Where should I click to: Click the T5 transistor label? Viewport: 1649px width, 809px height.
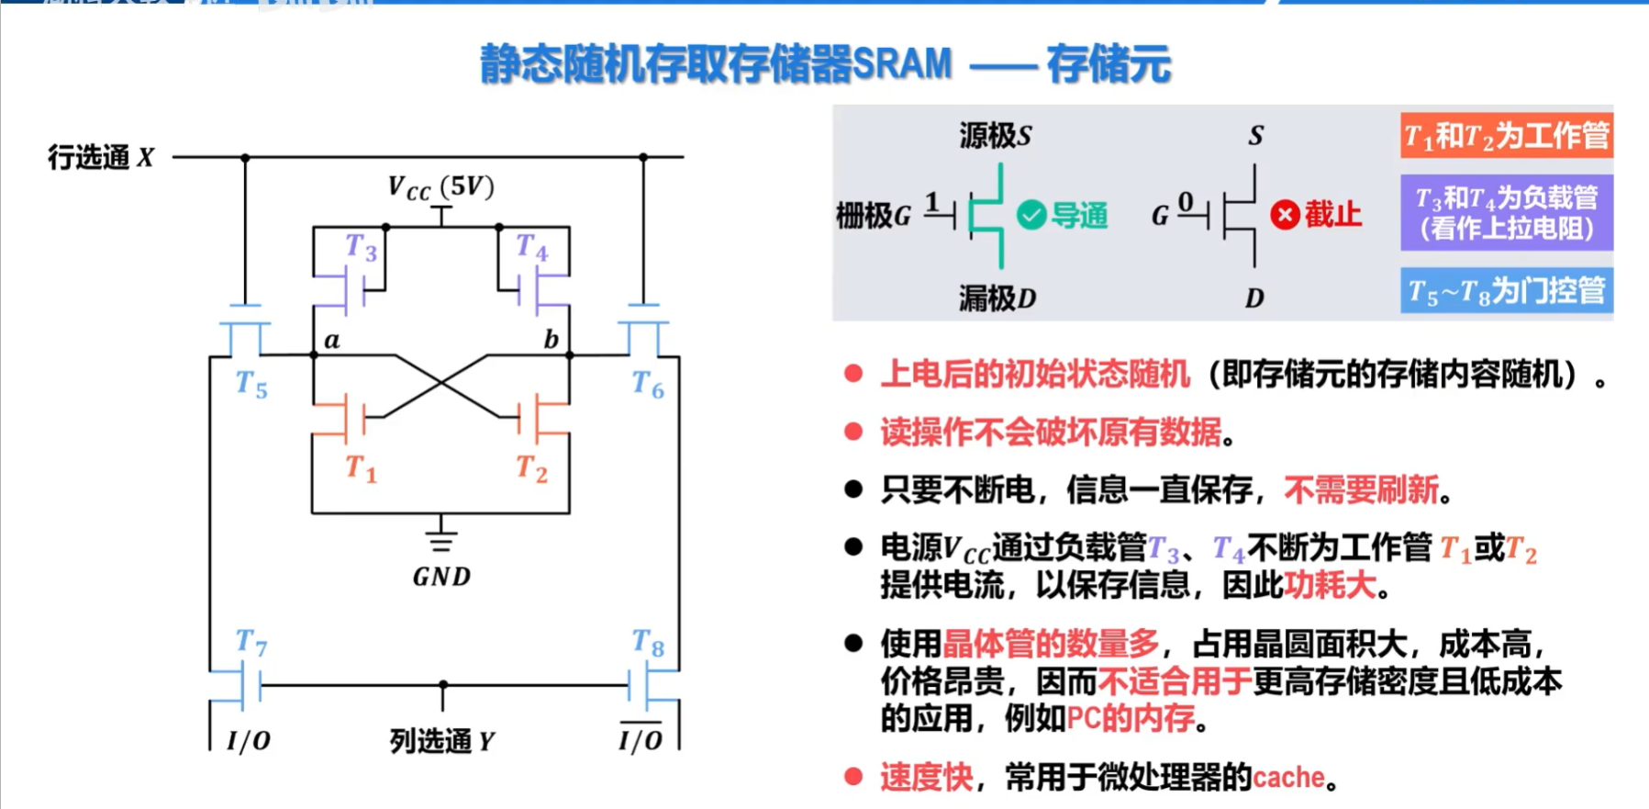pyautogui.click(x=251, y=384)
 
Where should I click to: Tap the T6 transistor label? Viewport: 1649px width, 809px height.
pyautogui.click(x=648, y=384)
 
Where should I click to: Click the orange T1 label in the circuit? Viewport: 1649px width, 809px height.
pyautogui.click(x=361, y=468)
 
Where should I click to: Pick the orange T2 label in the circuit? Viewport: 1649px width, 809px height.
pyautogui.click(x=531, y=468)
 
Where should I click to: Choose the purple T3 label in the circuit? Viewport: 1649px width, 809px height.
pyautogui.click(x=361, y=247)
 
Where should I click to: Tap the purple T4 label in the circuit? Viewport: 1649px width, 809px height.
pyautogui.click(x=531, y=247)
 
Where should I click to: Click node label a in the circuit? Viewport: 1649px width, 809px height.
pyautogui.click(x=332, y=341)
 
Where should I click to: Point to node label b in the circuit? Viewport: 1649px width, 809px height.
pyautogui.click(x=551, y=340)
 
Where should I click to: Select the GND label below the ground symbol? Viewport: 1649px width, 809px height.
pyautogui.click(x=441, y=577)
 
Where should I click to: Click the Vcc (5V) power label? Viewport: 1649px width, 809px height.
pyautogui.click(x=441, y=188)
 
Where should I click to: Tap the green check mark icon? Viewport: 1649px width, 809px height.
pyautogui.click(x=1031, y=216)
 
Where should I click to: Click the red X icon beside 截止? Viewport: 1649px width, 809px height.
pyautogui.click(x=1285, y=216)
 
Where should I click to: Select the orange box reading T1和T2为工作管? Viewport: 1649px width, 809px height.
pyautogui.click(x=1506, y=136)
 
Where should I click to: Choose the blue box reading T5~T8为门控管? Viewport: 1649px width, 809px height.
pyautogui.click(x=1506, y=291)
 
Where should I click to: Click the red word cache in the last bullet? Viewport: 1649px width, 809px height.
pyautogui.click(x=1288, y=778)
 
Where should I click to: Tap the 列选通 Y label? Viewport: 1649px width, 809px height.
pyautogui.click(x=441, y=740)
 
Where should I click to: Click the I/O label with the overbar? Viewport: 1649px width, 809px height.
pyautogui.click(x=640, y=738)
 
